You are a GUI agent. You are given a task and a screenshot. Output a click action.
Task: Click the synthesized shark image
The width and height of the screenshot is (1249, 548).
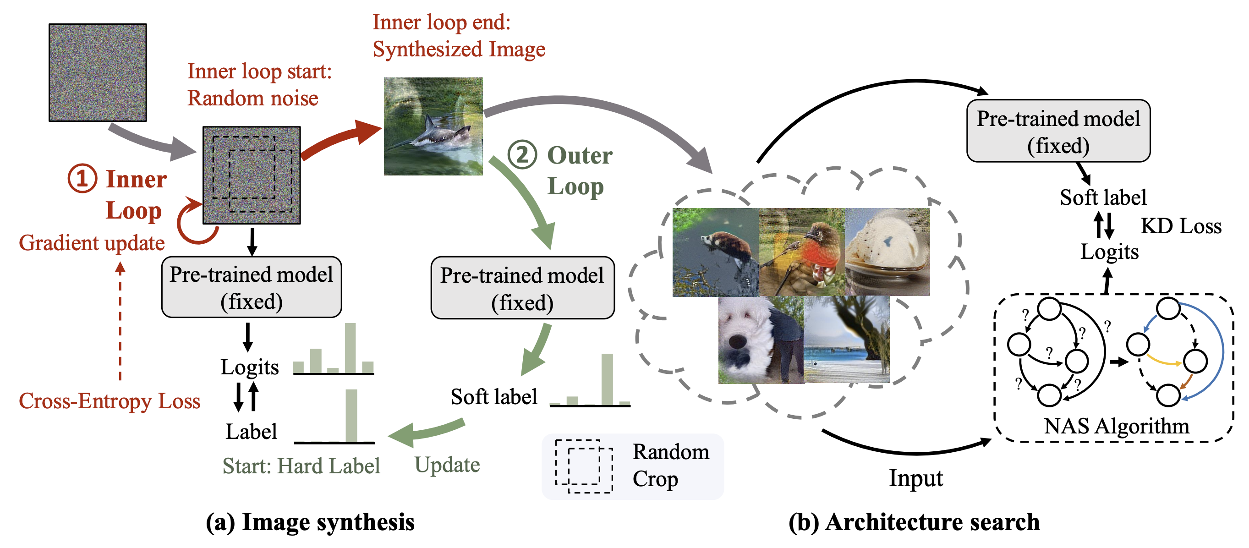tap(433, 126)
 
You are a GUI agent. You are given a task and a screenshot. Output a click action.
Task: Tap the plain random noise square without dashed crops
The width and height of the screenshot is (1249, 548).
tap(98, 72)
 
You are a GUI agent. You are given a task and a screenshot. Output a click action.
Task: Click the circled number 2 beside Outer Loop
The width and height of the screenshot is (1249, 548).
tap(522, 155)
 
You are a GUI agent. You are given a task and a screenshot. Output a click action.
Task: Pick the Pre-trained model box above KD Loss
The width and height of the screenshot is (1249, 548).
tap(1058, 131)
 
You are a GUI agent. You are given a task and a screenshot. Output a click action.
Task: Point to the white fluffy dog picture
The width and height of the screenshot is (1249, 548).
tap(760, 340)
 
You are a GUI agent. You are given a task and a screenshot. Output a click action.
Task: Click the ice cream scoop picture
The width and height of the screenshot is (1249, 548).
tap(887, 252)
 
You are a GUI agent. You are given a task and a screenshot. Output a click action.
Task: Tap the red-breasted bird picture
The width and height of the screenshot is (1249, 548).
tap(801, 252)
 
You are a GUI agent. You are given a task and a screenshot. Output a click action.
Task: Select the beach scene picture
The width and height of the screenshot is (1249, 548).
tap(847, 340)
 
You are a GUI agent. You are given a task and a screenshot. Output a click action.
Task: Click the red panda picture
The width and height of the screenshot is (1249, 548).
tap(715, 252)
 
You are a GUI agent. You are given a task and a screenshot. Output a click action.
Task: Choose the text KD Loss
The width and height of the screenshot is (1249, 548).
tap(1181, 226)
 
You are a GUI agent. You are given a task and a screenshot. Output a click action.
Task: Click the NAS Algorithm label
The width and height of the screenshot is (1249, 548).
tap(1116, 426)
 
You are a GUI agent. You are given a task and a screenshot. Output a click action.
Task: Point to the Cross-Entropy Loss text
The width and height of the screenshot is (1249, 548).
tap(110, 401)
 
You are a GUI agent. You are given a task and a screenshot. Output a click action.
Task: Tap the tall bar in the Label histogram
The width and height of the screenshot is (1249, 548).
tap(351, 416)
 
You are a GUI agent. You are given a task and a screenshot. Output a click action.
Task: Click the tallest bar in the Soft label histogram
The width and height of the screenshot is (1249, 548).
tap(607, 379)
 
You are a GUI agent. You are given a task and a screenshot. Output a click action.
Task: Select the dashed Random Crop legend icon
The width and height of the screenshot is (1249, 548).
tap(584, 466)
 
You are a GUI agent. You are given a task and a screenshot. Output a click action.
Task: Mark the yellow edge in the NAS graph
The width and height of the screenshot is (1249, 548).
tap(1164, 362)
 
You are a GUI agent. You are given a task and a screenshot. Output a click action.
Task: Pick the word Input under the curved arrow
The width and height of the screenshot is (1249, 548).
tap(915, 478)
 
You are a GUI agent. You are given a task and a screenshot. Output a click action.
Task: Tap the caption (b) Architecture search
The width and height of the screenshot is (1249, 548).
tap(914, 522)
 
